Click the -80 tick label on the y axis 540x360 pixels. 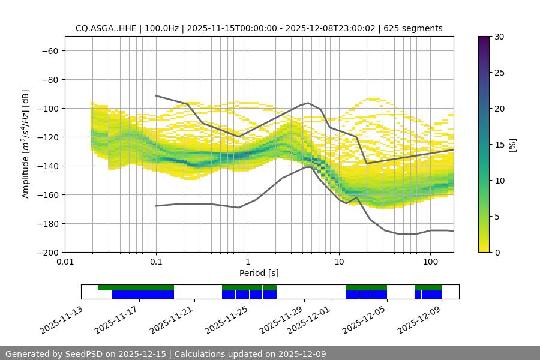(x=49, y=79)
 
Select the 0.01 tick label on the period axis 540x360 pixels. (x=65, y=262)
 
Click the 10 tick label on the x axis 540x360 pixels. (x=339, y=262)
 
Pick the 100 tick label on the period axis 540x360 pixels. (x=430, y=262)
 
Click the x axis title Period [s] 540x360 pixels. (x=259, y=273)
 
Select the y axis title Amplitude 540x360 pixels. (x=26, y=144)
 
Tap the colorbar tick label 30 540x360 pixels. (x=499, y=37)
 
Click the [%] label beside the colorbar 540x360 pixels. (x=512, y=145)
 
